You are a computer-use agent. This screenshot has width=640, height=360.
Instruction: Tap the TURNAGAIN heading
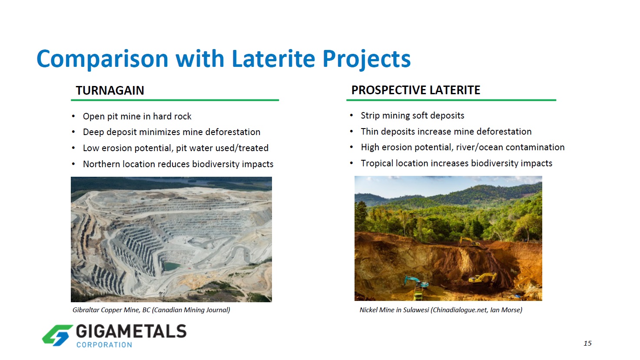(110, 90)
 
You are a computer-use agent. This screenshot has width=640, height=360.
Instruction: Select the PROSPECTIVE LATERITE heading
(416, 90)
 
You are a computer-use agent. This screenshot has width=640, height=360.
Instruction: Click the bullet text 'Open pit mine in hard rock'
(137, 116)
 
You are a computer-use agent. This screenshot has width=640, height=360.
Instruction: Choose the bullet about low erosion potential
(176, 148)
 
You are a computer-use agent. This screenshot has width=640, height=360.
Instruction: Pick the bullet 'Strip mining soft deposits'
(413, 116)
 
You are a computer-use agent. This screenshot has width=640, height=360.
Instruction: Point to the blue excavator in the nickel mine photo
(416, 282)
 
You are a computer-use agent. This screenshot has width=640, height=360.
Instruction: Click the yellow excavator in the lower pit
(483, 278)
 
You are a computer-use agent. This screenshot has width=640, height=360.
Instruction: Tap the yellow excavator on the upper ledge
(469, 241)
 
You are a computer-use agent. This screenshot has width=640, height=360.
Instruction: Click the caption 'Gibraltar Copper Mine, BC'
(111, 310)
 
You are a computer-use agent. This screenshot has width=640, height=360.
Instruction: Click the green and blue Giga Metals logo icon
(57, 335)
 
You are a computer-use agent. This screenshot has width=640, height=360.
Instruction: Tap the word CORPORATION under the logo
(104, 345)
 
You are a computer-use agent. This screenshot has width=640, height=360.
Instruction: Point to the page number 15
(587, 343)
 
